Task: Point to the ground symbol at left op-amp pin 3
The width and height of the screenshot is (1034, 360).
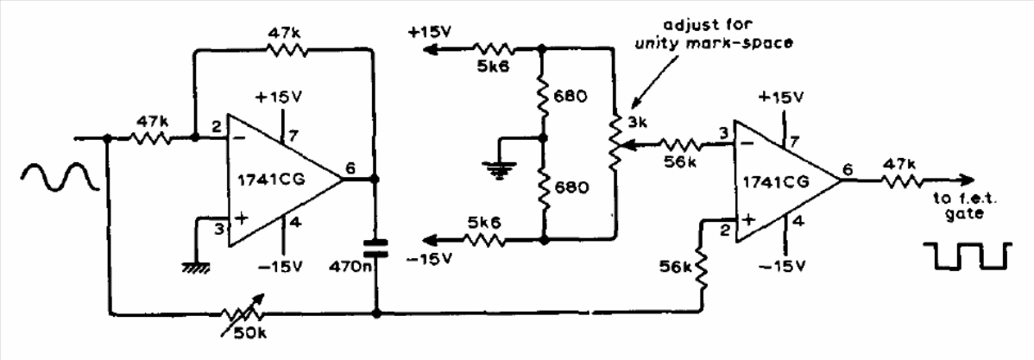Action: click(197, 266)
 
